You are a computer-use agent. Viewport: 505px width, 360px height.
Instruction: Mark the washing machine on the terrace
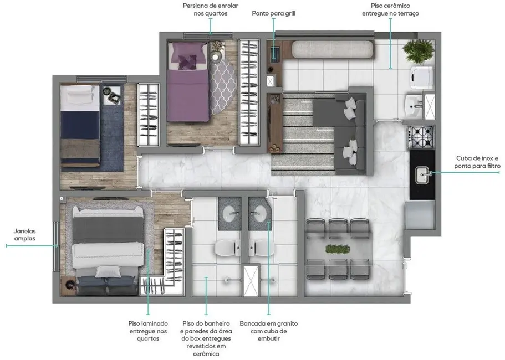[x=421, y=78]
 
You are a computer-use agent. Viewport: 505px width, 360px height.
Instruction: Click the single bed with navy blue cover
[x=81, y=125]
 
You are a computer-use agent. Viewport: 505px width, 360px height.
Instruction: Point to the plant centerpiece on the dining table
[x=338, y=250]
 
